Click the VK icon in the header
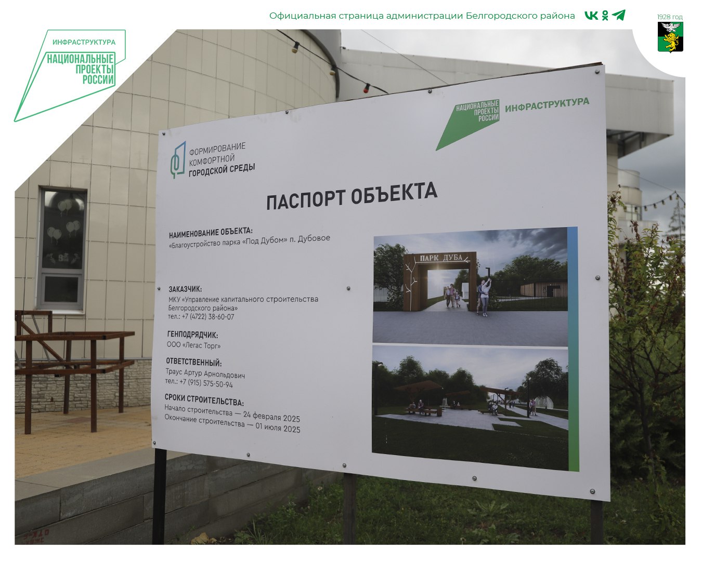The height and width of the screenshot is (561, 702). coord(591,16)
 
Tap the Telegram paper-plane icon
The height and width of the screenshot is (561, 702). coord(618,15)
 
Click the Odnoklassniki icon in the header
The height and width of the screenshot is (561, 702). coord(605,15)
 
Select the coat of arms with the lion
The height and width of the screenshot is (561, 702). coord(670,37)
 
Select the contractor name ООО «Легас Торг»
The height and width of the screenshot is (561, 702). coord(194,345)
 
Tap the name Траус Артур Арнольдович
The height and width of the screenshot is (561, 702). coord(205,373)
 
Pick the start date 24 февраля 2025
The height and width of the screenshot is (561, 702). coord(271,416)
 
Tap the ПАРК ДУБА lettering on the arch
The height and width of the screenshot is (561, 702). coord(441,258)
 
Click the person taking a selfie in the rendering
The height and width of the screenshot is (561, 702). coord(484,297)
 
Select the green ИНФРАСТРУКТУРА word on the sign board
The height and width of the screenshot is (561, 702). coord(547,104)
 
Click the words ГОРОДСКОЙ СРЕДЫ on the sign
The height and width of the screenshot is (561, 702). coord(222,170)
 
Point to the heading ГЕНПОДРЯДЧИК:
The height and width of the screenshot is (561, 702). coord(192,335)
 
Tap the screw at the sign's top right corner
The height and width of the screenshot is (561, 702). coord(597,72)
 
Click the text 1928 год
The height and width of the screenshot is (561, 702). coord(670,17)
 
